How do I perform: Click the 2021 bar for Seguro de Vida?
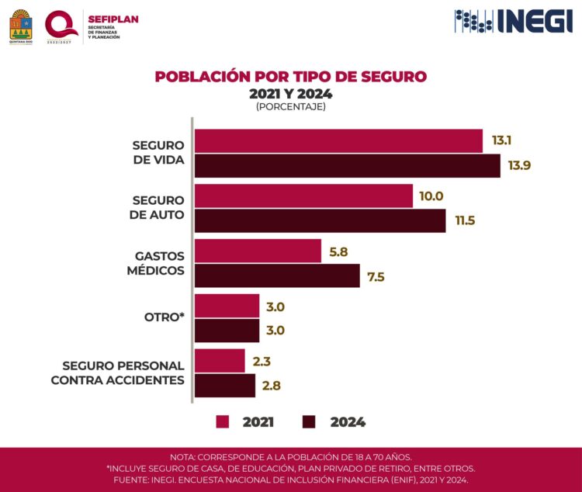click(x=338, y=141)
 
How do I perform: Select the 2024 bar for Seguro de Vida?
click(x=347, y=166)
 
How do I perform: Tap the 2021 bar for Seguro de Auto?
click(x=303, y=196)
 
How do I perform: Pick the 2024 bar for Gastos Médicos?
click(x=277, y=275)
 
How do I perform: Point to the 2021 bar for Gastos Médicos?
click(x=258, y=251)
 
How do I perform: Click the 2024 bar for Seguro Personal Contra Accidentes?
click(x=224, y=386)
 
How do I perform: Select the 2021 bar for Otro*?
click(x=227, y=306)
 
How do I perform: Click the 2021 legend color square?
click(x=223, y=422)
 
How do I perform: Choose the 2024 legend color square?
click(x=309, y=422)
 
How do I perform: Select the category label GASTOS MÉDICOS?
click(x=159, y=263)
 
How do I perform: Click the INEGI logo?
click(x=514, y=21)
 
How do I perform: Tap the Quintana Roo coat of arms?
click(x=21, y=26)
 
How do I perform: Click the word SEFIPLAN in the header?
click(x=113, y=19)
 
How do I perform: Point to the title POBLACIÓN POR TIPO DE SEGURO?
click(x=291, y=77)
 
